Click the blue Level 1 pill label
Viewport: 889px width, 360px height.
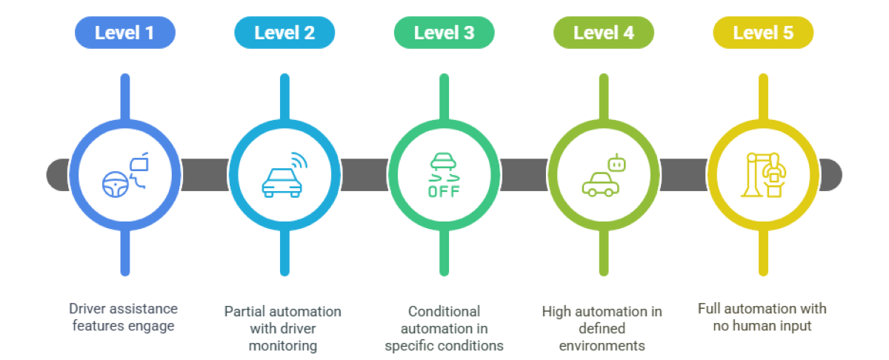coord(124,33)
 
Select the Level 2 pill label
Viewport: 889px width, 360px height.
coord(284,33)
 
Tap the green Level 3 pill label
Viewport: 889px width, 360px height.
coord(444,33)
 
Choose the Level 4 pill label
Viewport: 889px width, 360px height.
coord(604,33)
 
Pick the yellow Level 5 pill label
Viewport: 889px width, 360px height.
coord(763,33)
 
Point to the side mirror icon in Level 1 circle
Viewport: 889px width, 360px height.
coord(139,164)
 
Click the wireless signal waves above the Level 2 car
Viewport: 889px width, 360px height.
coord(299,161)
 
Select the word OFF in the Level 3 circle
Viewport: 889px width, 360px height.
coord(444,191)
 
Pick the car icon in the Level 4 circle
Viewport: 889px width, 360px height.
coord(599,185)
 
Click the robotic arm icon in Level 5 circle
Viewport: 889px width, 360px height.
coord(764,175)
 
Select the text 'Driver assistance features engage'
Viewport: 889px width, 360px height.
coord(124,317)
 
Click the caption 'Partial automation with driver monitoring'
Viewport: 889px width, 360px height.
coord(283,328)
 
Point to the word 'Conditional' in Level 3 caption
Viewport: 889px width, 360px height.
coord(444,311)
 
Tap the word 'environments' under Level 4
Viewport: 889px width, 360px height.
coord(602,345)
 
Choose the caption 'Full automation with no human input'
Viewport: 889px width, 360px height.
coord(762,316)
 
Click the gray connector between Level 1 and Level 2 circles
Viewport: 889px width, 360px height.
coord(204,175)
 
